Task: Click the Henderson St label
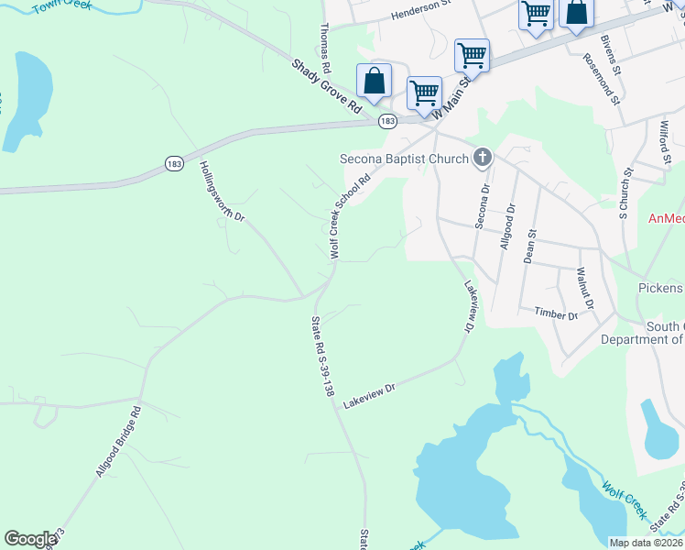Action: [422, 15]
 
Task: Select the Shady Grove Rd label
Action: [327, 87]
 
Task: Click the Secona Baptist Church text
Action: [403, 159]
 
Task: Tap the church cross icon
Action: [483, 159]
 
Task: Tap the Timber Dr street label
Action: [557, 314]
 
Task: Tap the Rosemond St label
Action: [602, 78]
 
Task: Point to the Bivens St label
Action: [611, 54]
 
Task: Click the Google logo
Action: [30, 538]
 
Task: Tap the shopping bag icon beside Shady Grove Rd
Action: [374, 81]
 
